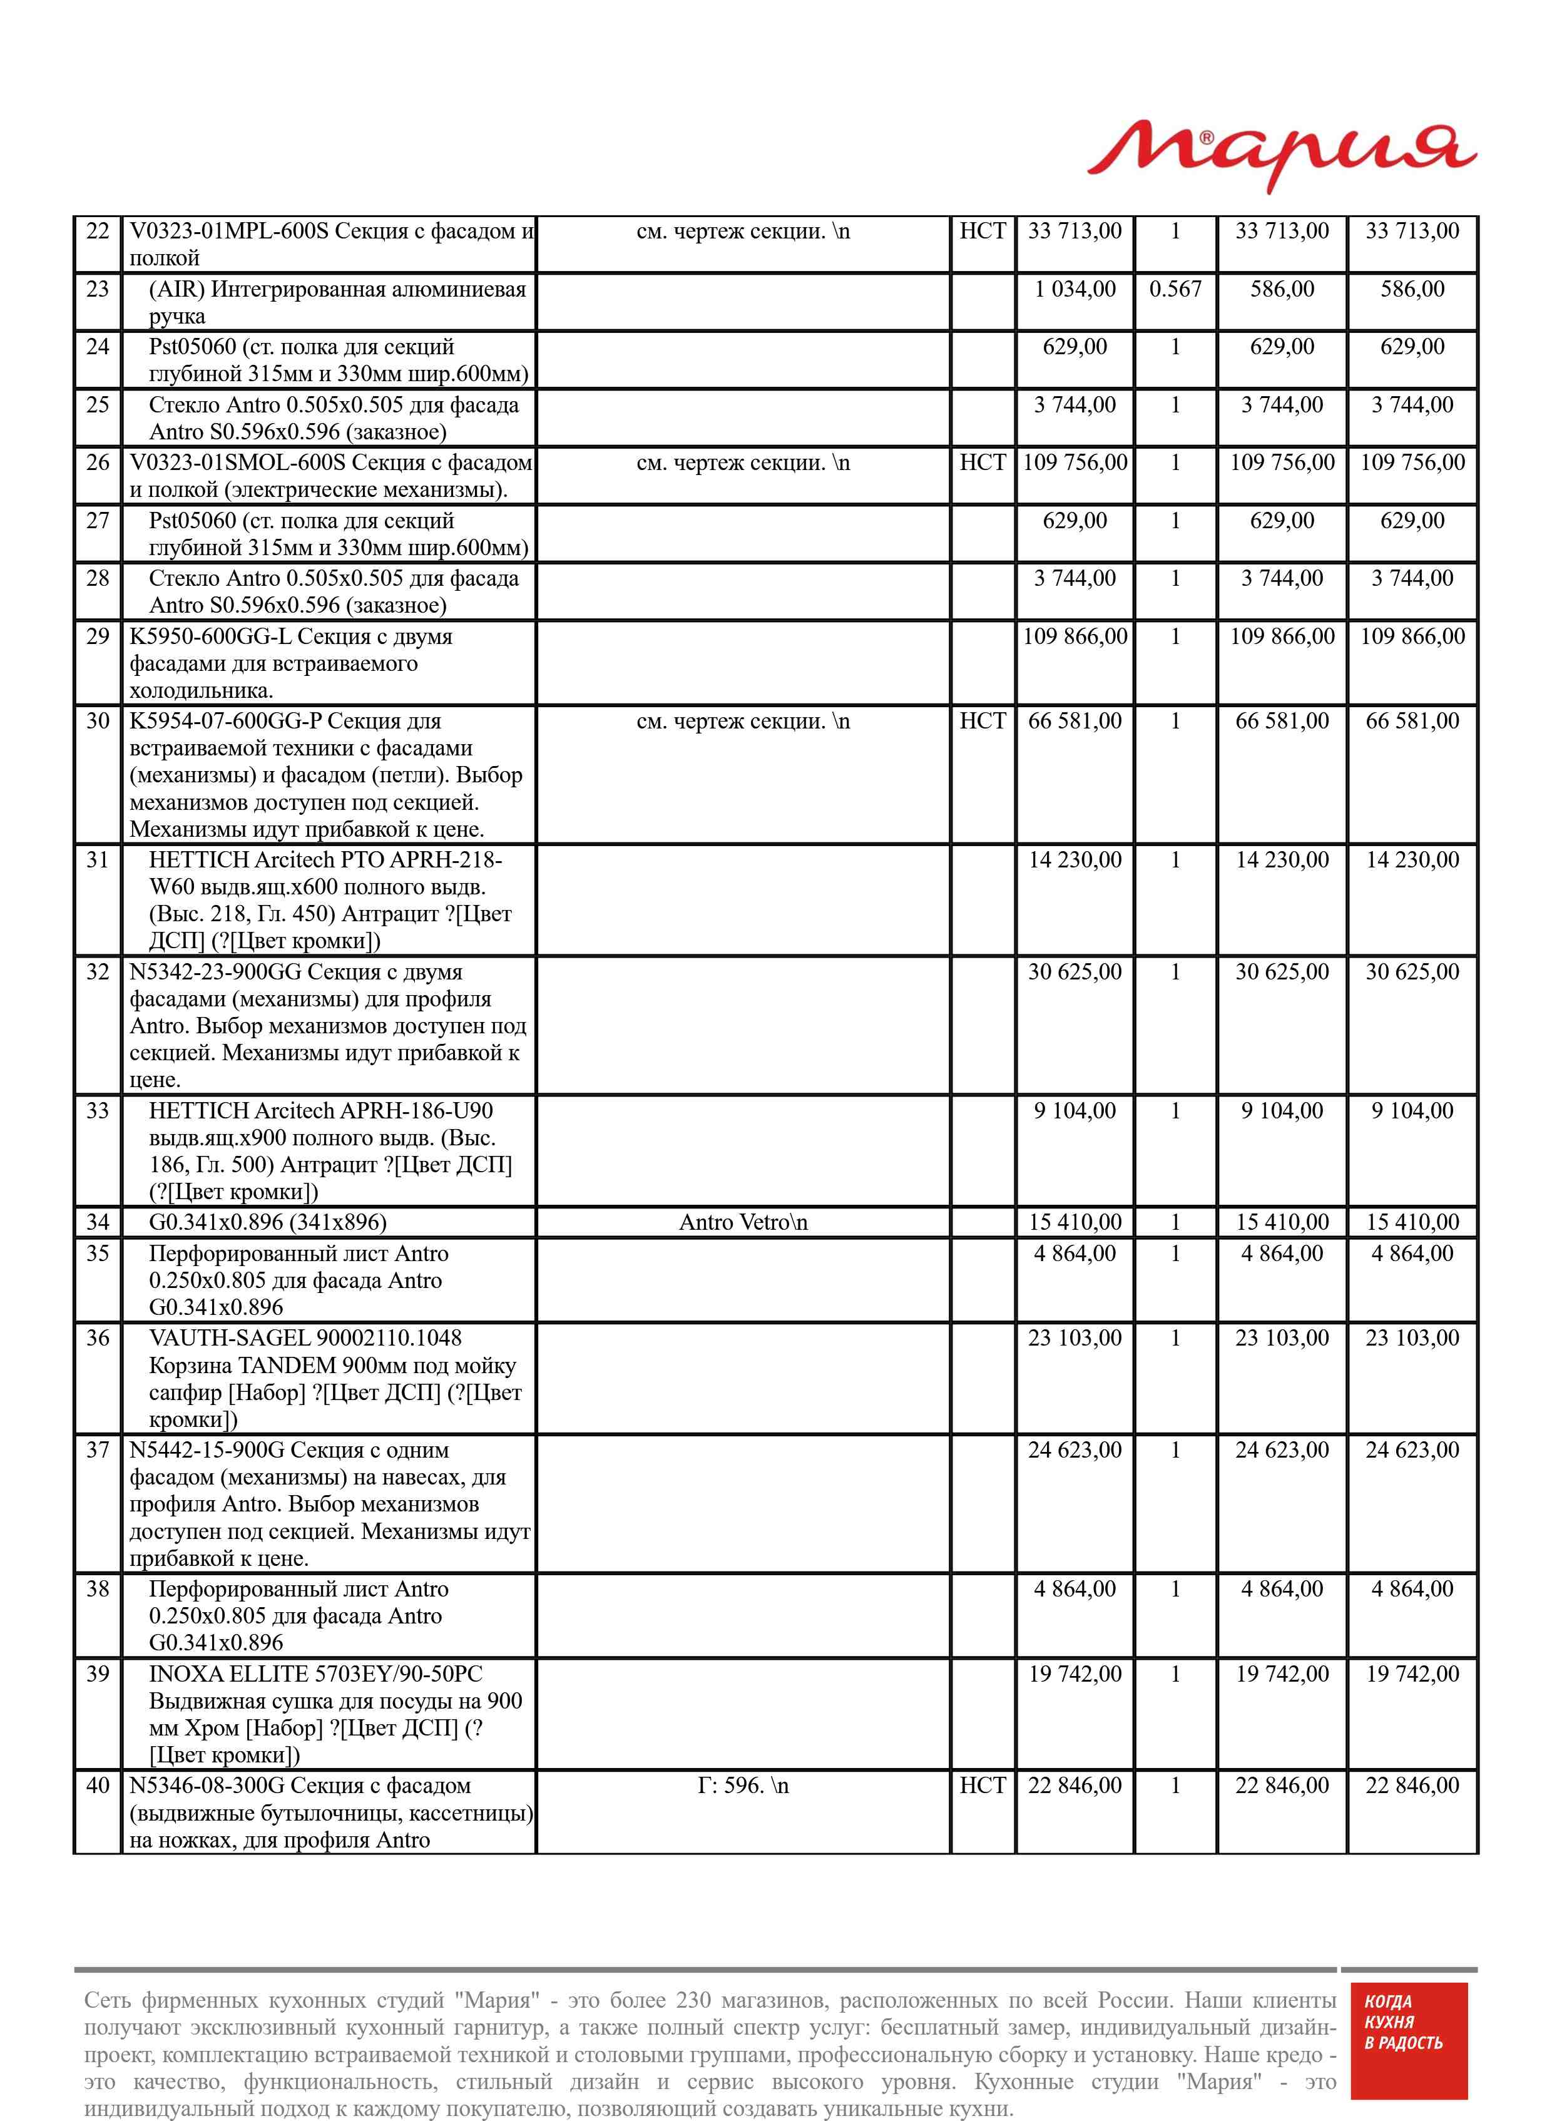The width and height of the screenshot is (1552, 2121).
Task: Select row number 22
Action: [x=98, y=231]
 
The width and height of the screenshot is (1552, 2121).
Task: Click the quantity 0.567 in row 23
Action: [x=1175, y=289]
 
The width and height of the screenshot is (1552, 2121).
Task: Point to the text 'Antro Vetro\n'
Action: [x=743, y=1222]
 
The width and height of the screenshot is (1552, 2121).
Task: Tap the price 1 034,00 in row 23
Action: [x=1075, y=289]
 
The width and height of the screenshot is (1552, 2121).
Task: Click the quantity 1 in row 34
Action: [x=1175, y=1222]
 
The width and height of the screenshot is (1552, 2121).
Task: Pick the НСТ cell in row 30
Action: [x=982, y=722]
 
